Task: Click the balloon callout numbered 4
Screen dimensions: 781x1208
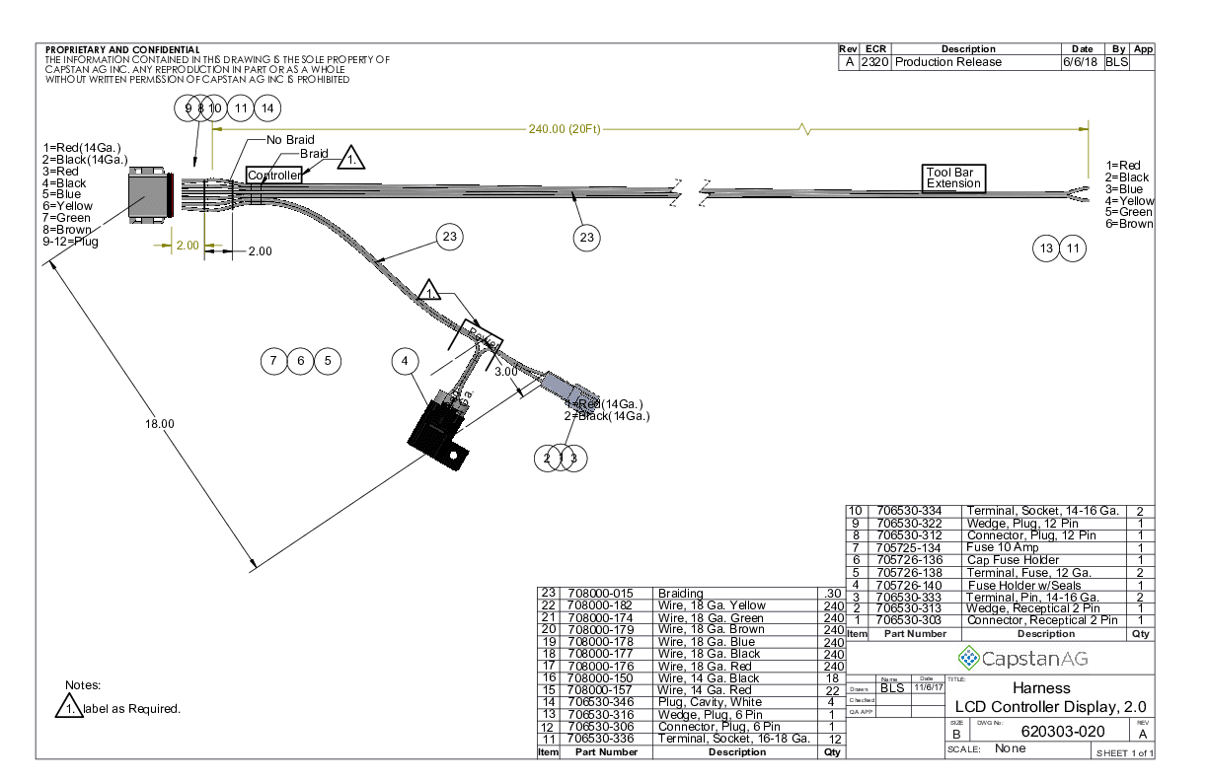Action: click(405, 362)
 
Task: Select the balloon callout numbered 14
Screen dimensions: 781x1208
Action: click(266, 107)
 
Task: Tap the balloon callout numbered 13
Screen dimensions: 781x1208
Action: click(1047, 248)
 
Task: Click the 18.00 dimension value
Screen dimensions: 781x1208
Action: click(159, 423)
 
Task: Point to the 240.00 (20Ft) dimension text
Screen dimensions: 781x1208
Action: click(565, 128)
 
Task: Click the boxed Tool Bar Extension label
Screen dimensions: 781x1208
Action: click(953, 177)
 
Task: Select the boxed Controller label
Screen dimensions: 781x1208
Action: click(273, 176)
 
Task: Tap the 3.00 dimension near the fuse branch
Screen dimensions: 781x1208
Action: click(506, 373)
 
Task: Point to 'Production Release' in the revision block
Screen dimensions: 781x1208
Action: click(948, 62)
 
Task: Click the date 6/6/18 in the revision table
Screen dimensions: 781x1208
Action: click(1081, 62)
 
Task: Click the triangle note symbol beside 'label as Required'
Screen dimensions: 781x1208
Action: click(68, 707)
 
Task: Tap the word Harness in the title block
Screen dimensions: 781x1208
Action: click(1041, 687)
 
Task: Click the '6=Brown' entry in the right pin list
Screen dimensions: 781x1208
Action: click(1129, 224)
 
